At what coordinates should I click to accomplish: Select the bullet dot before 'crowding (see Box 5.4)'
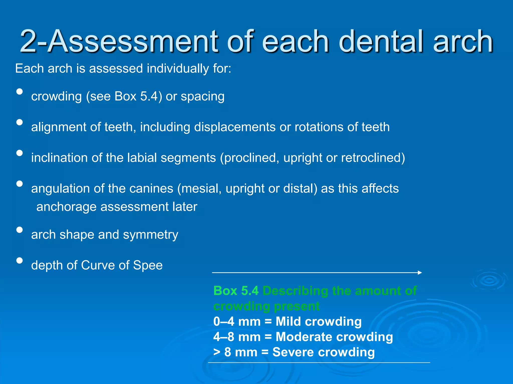tap(19, 91)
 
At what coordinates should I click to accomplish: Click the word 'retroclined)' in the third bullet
tap(373, 158)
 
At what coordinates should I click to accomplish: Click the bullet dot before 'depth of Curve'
tap(19, 260)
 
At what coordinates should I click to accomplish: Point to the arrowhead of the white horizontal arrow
tap(420, 272)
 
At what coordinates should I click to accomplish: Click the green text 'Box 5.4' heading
tap(236, 291)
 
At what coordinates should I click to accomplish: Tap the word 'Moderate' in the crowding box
tap(303, 337)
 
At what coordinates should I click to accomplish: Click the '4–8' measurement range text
tap(224, 337)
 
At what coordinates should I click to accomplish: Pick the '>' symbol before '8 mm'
tap(216, 352)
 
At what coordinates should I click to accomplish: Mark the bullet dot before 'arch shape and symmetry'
tap(19, 230)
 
